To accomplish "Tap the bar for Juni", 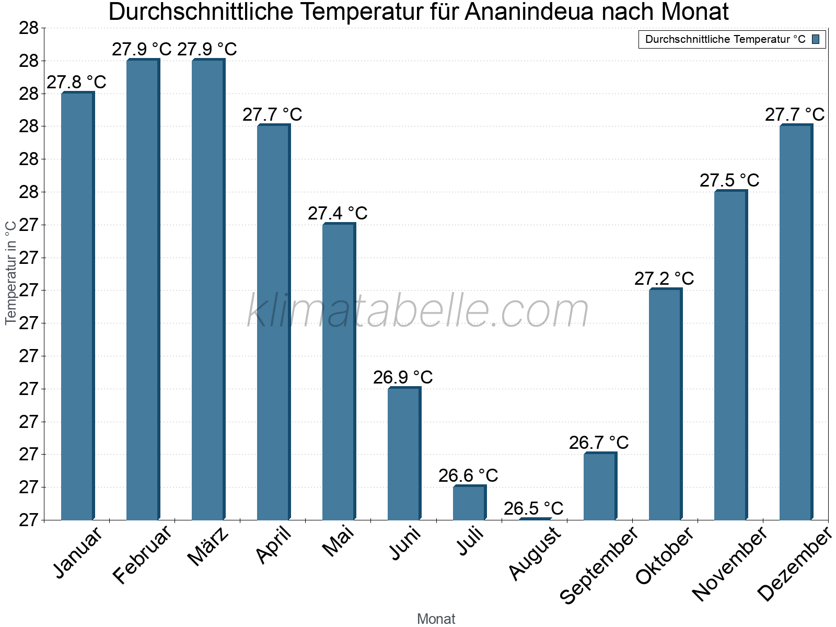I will coord(404,453).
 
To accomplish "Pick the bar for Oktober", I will coord(665,404).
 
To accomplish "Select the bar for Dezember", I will coord(796,322).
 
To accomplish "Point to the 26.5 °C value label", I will coord(533,508).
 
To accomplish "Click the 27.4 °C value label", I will coord(338,213).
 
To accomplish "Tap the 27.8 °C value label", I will coord(76,82).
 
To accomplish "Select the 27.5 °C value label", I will coord(729,180).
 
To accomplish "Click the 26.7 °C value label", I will coord(599,443).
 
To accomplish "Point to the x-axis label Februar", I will coord(142,554).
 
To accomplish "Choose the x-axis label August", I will coord(535,554).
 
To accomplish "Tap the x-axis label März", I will coord(208,547).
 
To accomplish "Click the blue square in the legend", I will coord(816,39).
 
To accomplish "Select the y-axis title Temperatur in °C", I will coord(11,272).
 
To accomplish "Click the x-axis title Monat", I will coord(436,619).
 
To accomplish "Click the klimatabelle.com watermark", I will coord(418,311).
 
